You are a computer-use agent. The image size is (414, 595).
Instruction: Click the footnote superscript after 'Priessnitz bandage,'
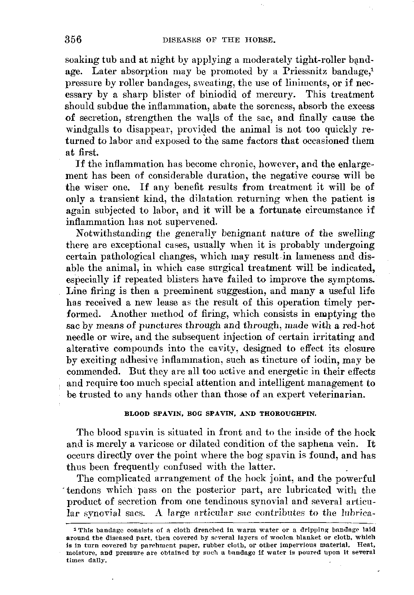point(372,69)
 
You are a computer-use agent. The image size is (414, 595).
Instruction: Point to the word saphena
point(315,444)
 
